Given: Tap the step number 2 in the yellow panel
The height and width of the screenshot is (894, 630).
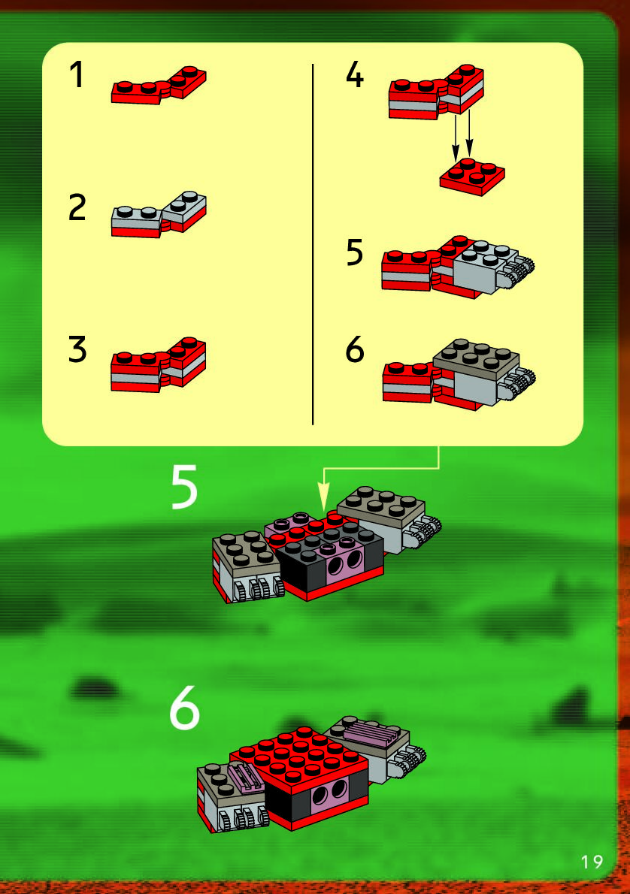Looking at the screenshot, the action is [x=77, y=207].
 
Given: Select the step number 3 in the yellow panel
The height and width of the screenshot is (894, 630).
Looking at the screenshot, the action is [x=77, y=349].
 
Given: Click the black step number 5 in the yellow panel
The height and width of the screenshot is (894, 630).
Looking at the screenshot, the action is [x=354, y=252].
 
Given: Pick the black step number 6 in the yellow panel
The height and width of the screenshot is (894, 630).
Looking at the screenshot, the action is [x=354, y=349].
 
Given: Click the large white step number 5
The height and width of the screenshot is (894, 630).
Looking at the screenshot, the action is [x=184, y=486].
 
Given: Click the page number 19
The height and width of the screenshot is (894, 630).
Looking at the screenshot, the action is [x=592, y=861].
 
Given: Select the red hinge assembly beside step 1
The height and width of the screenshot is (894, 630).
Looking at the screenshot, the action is [x=158, y=86].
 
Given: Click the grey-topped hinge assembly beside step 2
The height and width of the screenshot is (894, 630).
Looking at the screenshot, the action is [x=158, y=215].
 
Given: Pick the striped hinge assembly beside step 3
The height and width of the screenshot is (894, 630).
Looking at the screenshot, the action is [x=158, y=365].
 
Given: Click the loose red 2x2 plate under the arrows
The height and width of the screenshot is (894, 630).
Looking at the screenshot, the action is [x=472, y=177].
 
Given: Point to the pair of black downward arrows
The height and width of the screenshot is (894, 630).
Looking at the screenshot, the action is [x=462, y=136].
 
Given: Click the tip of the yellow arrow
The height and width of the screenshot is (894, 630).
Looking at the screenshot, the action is [x=323, y=509].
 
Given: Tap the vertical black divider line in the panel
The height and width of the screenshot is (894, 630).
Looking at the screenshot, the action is [x=313, y=244].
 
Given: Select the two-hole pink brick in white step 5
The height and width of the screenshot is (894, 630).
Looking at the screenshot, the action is [x=342, y=562].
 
